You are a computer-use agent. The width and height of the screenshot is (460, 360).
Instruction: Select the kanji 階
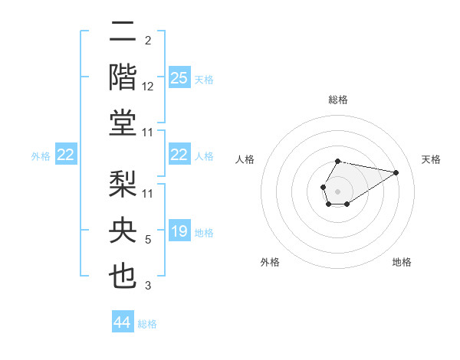pos(123,77)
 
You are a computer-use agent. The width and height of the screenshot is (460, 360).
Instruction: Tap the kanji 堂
pos(123,122)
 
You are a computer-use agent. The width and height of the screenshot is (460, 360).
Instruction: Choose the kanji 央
pos(123,231)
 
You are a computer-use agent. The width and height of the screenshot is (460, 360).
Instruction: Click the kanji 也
pos(123,276)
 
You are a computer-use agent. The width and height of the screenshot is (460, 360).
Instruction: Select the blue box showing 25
pos(179,77)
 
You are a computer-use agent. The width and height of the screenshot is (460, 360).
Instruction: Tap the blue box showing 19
pos(179,231)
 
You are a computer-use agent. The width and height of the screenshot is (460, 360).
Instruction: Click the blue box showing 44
pos(123,322)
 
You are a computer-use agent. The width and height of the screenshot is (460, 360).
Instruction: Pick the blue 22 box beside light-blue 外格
pos(66,155)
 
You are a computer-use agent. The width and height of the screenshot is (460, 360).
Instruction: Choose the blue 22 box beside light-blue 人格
pos(179,155)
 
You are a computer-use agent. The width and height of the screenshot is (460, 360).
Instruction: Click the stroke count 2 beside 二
pos(148,41)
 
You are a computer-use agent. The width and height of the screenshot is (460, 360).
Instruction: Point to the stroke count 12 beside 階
pos(148,86)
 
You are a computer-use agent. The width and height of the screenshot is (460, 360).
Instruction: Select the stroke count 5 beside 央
pos(148,240)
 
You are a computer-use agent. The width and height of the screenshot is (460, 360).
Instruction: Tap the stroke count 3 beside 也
pos(148,286)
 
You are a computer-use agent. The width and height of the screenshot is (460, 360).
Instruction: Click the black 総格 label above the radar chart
pos(338,100)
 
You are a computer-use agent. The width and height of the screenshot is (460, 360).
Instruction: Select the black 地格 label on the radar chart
pos(402,262)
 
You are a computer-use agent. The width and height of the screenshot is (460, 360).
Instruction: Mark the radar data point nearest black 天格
pos(396,172)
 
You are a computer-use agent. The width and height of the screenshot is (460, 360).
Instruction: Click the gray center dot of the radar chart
pos(337,190)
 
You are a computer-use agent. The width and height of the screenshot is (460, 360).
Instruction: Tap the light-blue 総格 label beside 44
pos(147,324)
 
